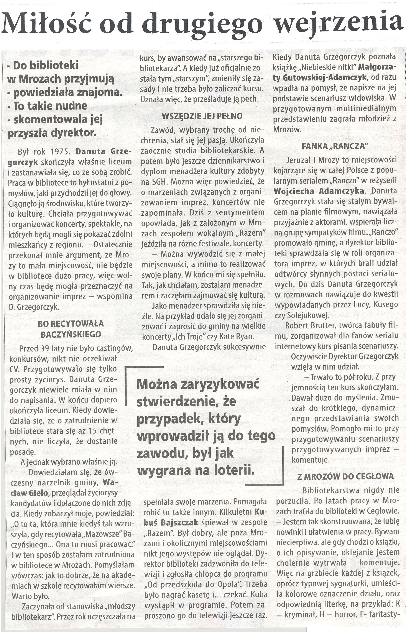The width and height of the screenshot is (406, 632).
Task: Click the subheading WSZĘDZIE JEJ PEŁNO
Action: pos(202,116)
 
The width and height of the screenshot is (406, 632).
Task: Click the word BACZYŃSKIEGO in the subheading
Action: pos(71,335)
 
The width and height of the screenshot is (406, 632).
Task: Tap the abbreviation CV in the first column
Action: pos(14,369)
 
